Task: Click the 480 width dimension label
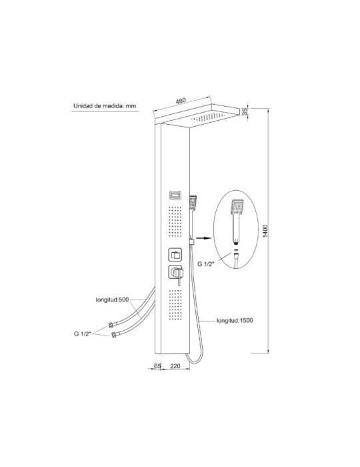point(181,101)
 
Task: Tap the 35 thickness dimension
point(245,112)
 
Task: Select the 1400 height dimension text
point(265,231)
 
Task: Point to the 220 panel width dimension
point(175,366)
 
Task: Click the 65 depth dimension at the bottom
point(157,366)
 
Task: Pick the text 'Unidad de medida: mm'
point(105,105)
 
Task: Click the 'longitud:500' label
point(112,300)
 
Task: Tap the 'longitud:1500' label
point(235,320)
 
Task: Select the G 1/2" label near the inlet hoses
point(82,334)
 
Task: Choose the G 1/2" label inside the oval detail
point(206,264)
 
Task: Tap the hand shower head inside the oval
point(237,207)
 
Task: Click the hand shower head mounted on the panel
point(193,203)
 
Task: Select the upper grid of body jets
point(175,221)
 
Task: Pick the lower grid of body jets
point(175,304)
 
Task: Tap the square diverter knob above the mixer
point(175,255)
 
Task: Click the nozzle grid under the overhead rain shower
point(207,117)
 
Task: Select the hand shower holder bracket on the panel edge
point(192,241)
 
